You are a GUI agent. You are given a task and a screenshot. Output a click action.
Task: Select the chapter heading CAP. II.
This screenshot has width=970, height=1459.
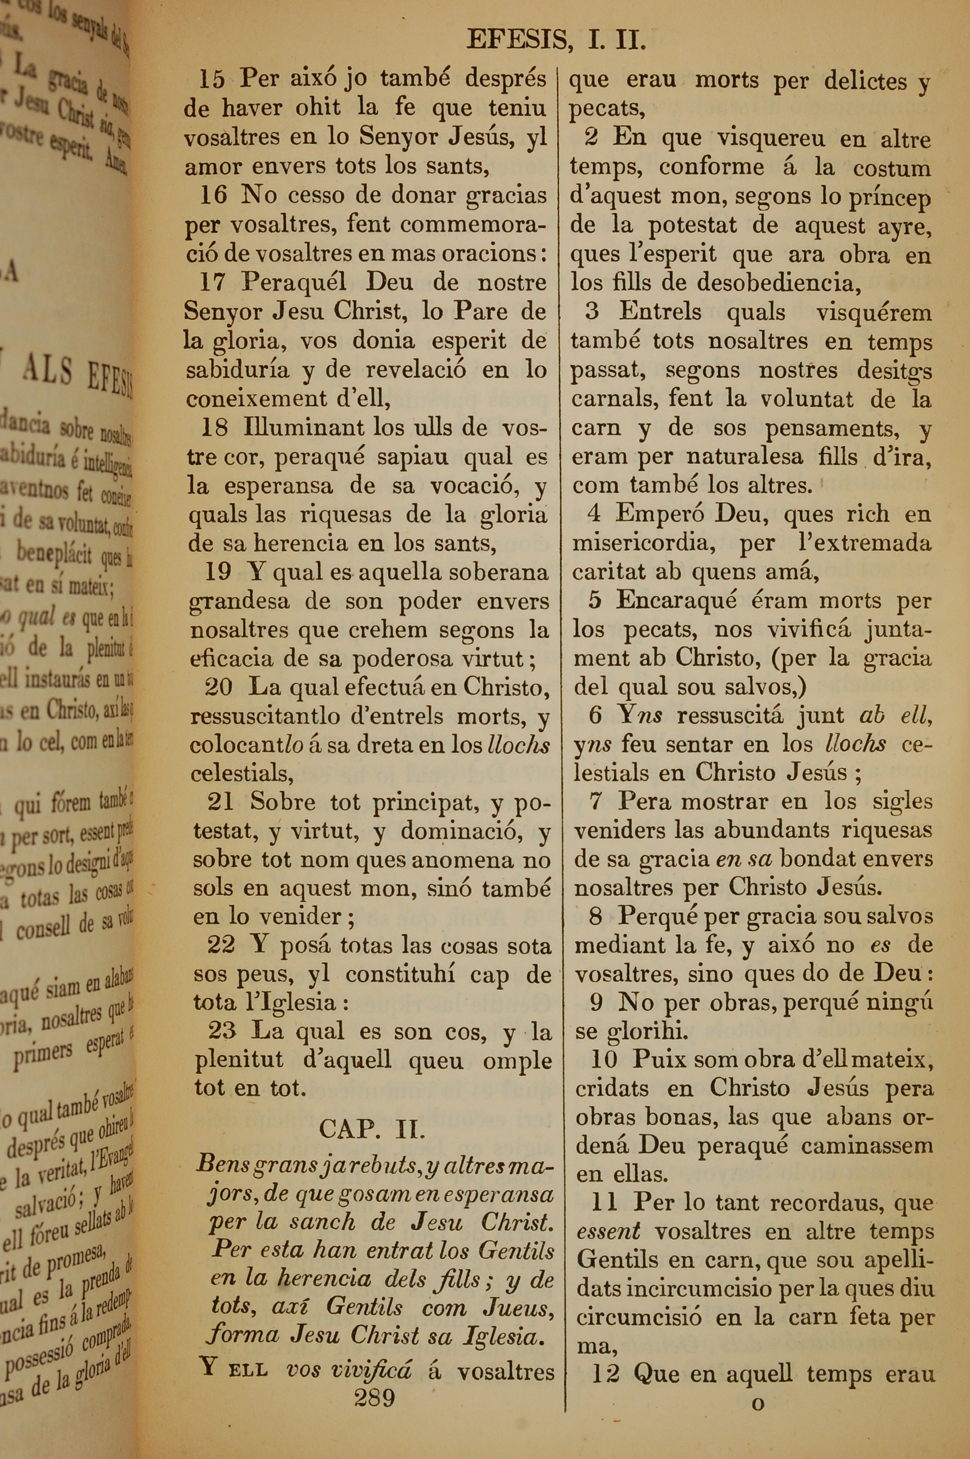pos(372,1129)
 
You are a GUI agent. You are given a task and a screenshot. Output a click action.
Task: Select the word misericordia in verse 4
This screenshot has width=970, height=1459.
pos(640,542)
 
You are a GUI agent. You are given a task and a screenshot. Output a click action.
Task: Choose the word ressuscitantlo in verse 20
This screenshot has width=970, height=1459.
pos(265,716)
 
